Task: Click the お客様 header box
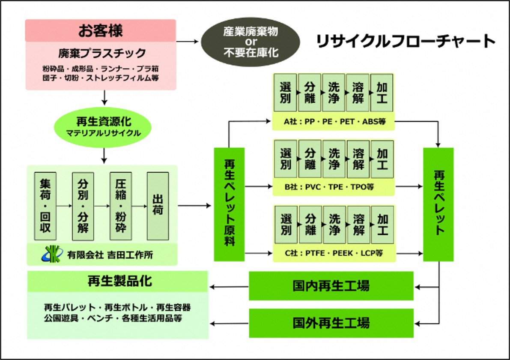coord(101,30)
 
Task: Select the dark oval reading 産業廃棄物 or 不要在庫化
coord(251,42)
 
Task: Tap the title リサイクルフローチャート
coord(405,41)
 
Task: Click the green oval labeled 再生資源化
coord(103,127)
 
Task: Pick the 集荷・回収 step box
coord(45,206)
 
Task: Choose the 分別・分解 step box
coord(83,206)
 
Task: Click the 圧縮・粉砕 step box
coord(120,206)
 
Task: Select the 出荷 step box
coord(158,206)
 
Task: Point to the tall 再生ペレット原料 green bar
coord(229,204)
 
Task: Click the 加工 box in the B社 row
coord(382,159)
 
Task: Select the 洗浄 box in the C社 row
coord(334,225)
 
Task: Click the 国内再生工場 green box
coord(331,286)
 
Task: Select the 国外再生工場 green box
coord(331,323)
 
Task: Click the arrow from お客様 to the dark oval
coord(188,42)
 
